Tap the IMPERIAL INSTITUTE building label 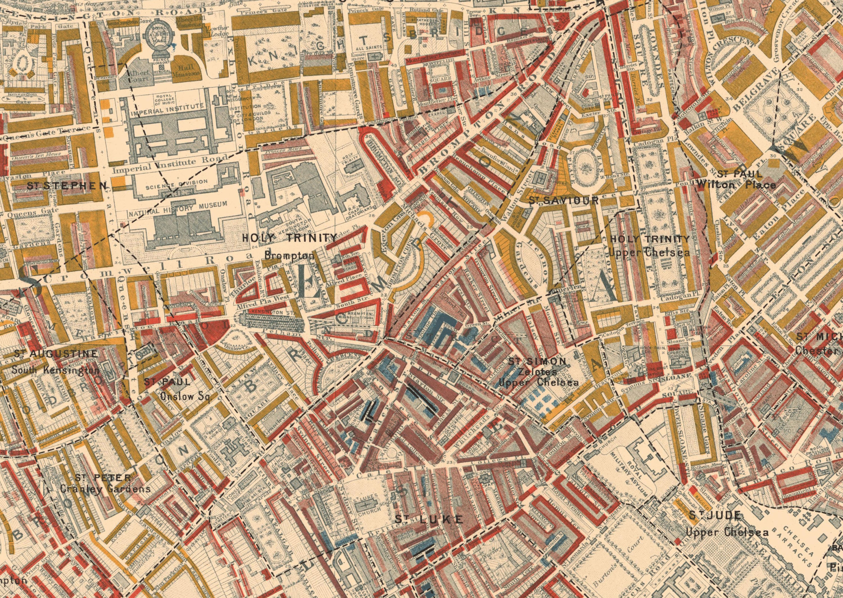tap(166, 109)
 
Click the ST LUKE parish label tap(429, 520)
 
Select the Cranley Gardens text tap(105, 489)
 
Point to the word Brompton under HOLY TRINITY tap(289, 255)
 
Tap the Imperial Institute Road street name tap(170, 166)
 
